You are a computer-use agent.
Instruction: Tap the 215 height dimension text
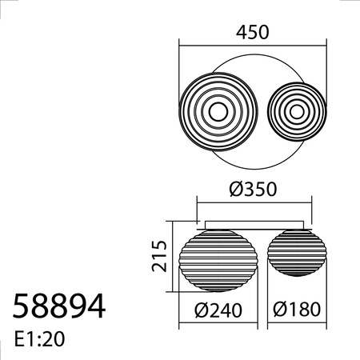click(158, 255)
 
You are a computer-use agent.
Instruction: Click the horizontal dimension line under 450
click(253, 43)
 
